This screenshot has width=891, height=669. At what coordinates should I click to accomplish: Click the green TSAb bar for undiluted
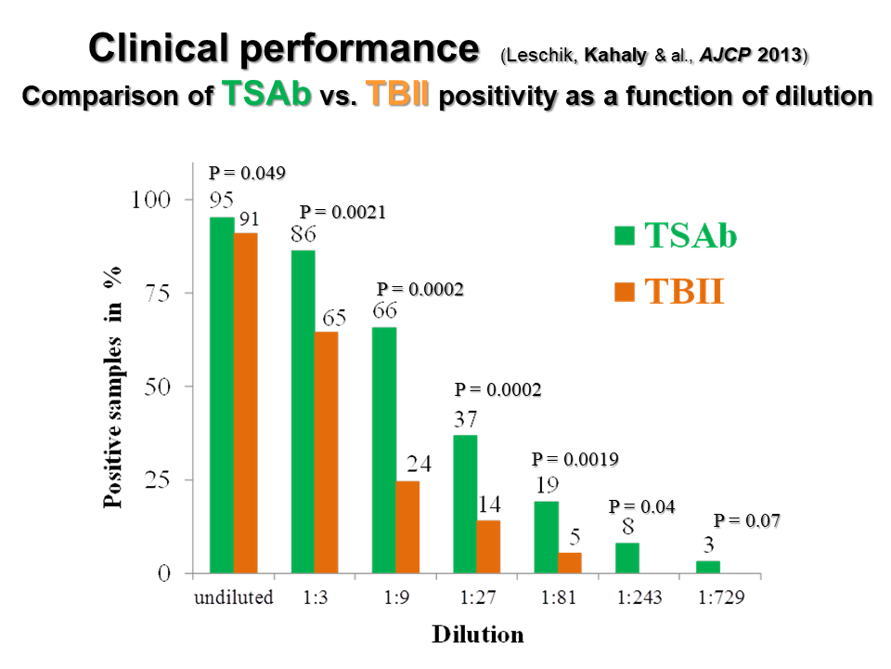point(222,395)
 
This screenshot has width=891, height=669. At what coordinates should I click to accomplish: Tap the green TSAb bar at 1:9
point(384,450)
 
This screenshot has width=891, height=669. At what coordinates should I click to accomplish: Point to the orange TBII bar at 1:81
point(570,563)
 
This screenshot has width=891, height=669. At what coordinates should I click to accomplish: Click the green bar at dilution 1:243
point(627,557)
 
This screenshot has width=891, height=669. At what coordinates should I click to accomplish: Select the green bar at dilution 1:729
point(708,567)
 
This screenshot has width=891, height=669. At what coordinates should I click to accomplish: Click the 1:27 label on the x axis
point(477,597)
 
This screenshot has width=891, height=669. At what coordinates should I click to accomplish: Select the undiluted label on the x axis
point(233,597)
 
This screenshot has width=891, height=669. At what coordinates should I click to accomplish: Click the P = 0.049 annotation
point(247,173)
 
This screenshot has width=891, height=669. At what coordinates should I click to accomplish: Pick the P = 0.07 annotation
point(746,521)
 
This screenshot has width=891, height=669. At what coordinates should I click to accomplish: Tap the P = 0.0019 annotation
point(575,459)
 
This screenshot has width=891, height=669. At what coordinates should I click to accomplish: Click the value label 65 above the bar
point(334,318)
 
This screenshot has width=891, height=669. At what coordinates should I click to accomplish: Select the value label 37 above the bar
point(466,419)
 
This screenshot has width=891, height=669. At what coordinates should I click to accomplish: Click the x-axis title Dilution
point(477,635)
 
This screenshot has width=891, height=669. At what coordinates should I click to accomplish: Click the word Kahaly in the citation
point(617,55)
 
